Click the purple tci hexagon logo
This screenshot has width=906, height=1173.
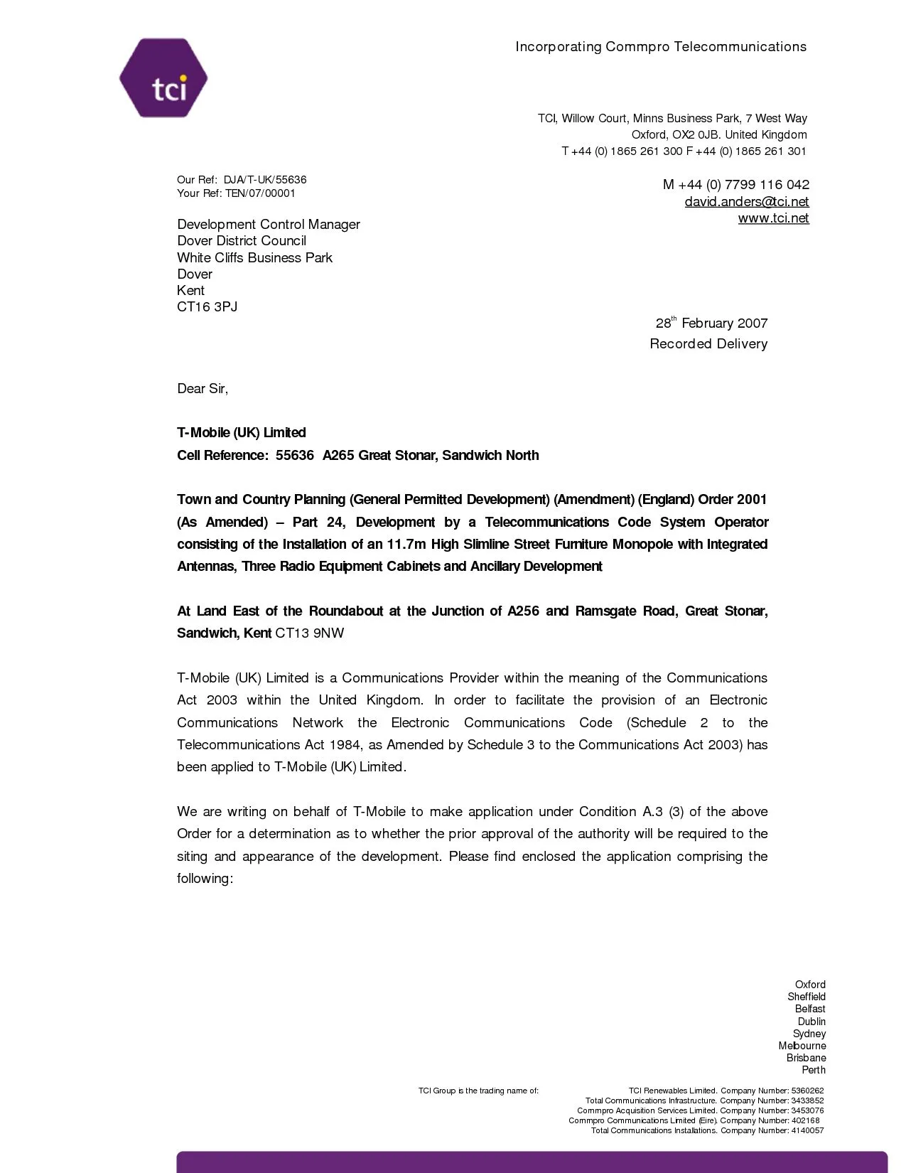coord(163,78)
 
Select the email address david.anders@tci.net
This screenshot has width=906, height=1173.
coord(746,202)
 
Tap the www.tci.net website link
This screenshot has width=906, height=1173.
coord(773,218)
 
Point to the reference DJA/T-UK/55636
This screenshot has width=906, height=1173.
coord(265,180)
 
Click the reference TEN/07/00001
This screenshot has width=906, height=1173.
coord(260,193)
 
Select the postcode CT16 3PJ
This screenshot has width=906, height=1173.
coord(207,307)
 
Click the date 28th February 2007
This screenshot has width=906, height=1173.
coord(711,323)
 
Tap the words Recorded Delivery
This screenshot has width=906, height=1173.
coord(708,344)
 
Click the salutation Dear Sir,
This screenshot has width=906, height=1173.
coord(203,389)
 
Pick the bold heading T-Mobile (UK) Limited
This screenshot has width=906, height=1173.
coord(242,433)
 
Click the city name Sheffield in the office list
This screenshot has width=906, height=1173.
coord(806,997)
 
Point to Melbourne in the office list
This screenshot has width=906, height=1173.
coord(802,1046)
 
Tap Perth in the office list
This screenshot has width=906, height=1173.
coord(814,1070)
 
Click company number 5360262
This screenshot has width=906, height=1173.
coord(807,1091)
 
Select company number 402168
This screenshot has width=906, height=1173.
coord(805,1120)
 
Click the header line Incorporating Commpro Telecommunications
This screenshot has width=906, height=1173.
coord(661,47)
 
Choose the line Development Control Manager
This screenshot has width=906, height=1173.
coord(269,225)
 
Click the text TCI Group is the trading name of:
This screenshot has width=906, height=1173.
coord(478,1091)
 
